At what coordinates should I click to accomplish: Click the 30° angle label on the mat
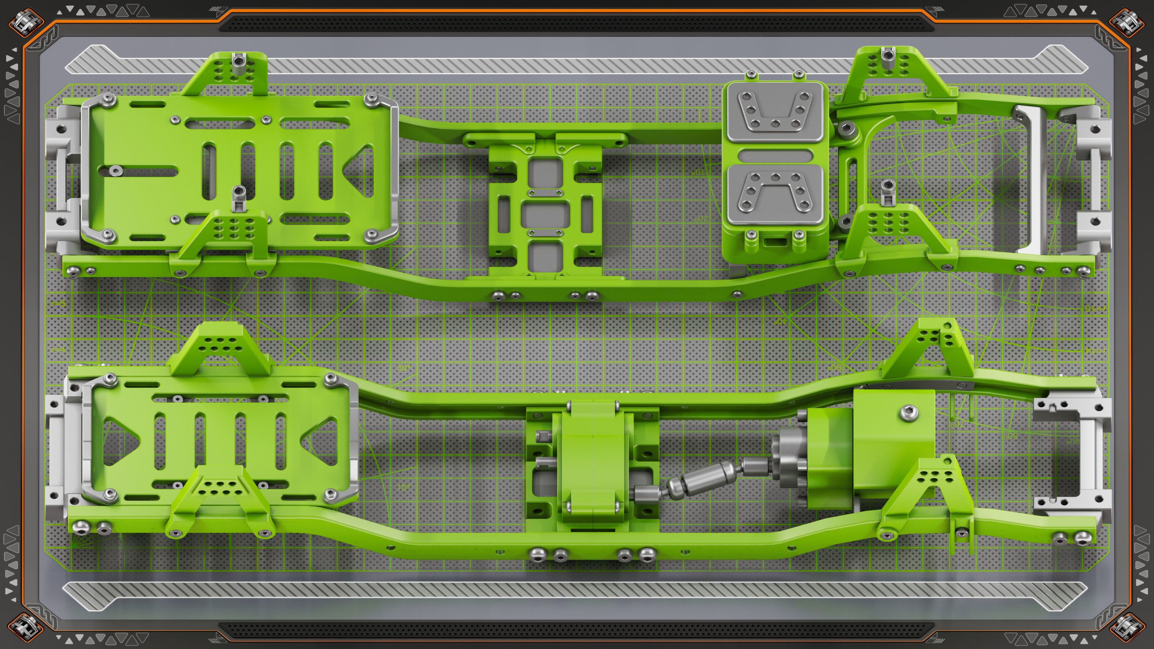(x=403, y=368)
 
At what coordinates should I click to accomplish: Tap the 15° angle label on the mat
(x=404, y=487)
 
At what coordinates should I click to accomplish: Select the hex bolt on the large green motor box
(x=908, y=413)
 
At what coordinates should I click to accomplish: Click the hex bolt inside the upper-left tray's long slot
(x=117, y=169)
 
